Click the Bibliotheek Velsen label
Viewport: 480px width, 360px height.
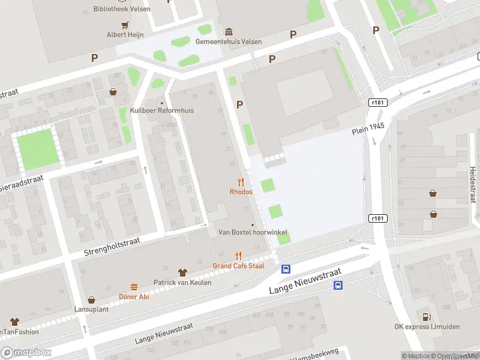[x=122, y=9]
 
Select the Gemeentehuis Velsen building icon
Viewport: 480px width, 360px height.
[x=229, y=31]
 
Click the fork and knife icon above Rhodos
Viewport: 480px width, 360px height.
[x=241, y=181]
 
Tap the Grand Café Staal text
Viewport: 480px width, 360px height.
[x=238, y=265]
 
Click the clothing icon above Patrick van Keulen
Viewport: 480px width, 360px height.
[x=183, y=272]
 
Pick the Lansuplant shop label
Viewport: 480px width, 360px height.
[x=91, y=308]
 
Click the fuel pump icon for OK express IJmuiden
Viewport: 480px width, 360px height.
[x=426, y=317]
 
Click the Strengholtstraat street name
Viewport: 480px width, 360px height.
[x=112, y=247]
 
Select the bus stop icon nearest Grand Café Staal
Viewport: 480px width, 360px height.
[x=286, y=269]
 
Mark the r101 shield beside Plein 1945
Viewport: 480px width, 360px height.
[x=377, y=103]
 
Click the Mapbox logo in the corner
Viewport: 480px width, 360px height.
[x=26, y=353]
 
